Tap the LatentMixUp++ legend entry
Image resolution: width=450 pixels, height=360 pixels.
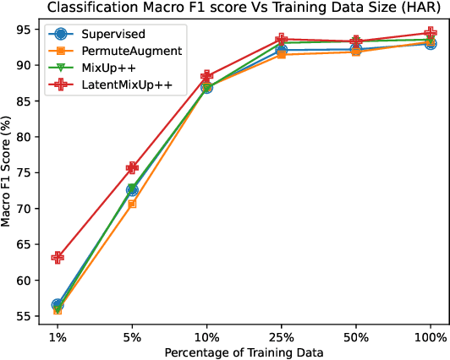[x=120, y=84]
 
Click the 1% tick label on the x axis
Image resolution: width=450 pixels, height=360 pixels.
[x=58, y=335]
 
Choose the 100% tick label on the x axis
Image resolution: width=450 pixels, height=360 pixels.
[x=431, y=335]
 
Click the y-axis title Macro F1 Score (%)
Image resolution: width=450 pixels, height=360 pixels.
[x=8, y=174]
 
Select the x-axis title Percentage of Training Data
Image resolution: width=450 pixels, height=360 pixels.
[x=244, y=352]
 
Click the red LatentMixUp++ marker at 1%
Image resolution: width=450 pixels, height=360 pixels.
[x=58, y=257]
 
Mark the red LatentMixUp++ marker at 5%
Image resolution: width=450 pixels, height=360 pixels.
[x=132, y=168]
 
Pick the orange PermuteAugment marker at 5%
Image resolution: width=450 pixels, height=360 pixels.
[x=132, y=204]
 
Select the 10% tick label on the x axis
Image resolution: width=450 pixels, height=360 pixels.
[x=206, y=335]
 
